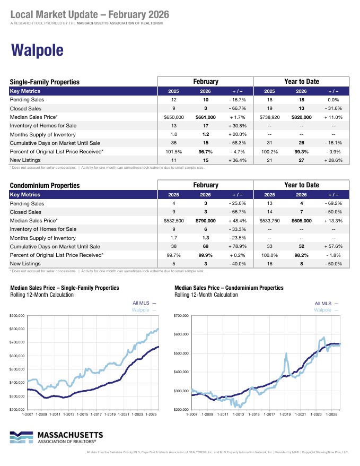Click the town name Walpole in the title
click(37, 50)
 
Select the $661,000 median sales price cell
click(206, 117)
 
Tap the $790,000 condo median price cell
click(206, 220)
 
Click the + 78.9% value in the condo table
click(236, 246)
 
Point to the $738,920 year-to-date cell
click(269, 117)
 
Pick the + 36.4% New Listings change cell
click(236, 160)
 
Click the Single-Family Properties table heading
click(45, 82)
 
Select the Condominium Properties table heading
click(45, 186)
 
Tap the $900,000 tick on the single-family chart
click(16, 316)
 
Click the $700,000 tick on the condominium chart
click(181, 316)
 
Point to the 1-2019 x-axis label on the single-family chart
click(109, 414)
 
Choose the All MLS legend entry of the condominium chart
click(327, 303)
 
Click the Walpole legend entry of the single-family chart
click(144, 309)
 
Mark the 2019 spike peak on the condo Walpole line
click(286, 354)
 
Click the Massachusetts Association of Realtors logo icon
click(21, 437)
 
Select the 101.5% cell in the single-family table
click(173, 151)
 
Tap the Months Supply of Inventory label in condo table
click(42, 238)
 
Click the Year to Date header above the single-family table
click(302, 82)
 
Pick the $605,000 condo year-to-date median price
click(301, 220)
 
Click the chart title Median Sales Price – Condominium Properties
click(229, 288)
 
